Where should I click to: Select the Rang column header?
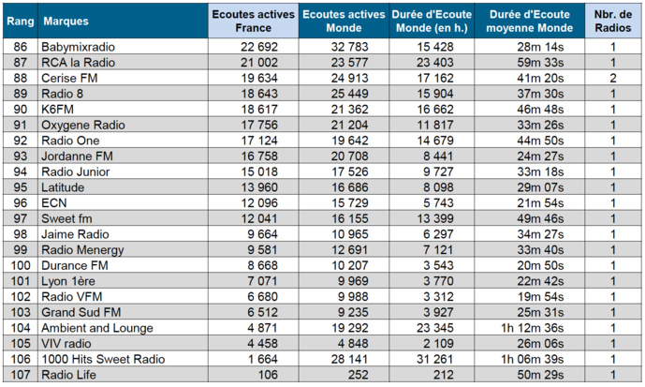point(21,20)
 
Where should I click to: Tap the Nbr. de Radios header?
point(612,20)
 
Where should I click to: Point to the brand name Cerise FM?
point(66,79)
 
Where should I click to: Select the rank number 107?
point(21,375)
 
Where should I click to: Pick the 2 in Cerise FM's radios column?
point(612,79)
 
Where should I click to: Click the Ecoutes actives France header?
point(253,20)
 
